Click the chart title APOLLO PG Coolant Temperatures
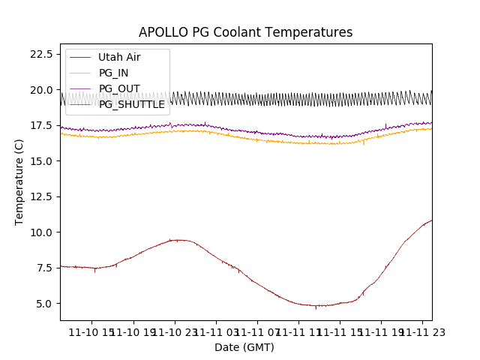[x=245, y=32]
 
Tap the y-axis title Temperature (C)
[x=19, y=182]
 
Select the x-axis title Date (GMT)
[x=244, y=347]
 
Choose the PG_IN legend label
[x=113, y=73]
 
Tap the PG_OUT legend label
[x=118, y=88]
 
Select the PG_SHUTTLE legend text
[x=131, y=104]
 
